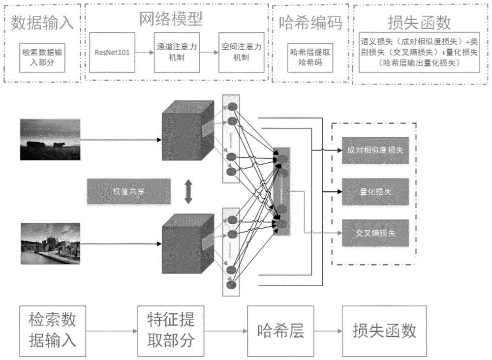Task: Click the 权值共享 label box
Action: coord(128,191)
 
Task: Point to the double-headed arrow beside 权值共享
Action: coord(187,192)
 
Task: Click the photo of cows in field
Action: coord(50,139)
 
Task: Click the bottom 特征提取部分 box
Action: coord(167,330)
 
